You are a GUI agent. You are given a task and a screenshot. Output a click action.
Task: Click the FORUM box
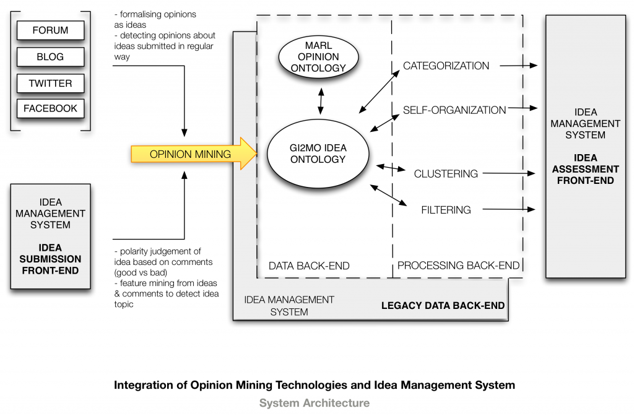(50, 30)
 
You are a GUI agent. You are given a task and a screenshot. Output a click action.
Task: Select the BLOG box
(50, 56)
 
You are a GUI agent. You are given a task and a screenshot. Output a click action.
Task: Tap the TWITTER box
(50, 83)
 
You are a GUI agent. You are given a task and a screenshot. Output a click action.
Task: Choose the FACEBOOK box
(50, 108)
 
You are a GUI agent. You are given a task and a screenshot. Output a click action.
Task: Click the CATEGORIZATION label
(446, 66)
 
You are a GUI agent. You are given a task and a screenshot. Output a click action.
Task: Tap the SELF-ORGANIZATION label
(454, 110)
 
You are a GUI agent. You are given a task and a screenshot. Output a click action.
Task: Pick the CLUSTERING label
(446, 174)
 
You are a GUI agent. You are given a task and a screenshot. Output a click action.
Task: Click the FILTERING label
(446, 210)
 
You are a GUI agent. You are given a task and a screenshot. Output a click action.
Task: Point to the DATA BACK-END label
(309, 266)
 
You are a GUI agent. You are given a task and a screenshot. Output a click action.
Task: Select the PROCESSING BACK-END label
(458, 266)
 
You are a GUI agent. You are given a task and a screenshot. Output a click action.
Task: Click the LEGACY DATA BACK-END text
(443, 305)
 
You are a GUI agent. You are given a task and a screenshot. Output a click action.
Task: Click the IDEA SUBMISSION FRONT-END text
(50, 259)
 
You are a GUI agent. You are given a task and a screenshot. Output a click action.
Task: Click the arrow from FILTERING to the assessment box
(509, 210)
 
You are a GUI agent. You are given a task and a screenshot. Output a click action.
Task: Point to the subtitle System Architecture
(315, 403)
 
